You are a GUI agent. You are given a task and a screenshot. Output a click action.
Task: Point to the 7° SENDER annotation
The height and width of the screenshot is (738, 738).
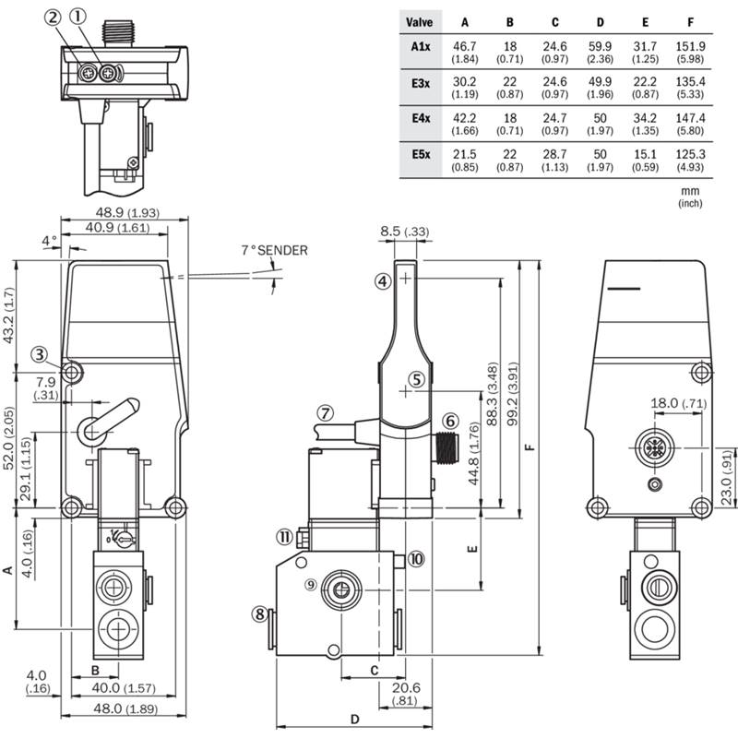[x=274, y=250]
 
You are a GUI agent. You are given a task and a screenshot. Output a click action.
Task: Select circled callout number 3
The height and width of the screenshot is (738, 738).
[x=38, y=352]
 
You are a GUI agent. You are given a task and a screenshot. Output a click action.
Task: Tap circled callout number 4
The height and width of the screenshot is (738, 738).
[x=384, y=282]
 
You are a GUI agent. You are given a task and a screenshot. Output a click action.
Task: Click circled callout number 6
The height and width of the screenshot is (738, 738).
[x=450, y=420]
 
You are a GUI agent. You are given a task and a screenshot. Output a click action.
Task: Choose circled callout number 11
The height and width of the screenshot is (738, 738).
[x=285, y=538]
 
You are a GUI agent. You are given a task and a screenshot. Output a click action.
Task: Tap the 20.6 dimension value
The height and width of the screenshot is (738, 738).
[x=406, y=687]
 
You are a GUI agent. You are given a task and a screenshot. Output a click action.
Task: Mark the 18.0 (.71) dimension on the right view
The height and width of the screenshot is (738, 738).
[x=678, y=403]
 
